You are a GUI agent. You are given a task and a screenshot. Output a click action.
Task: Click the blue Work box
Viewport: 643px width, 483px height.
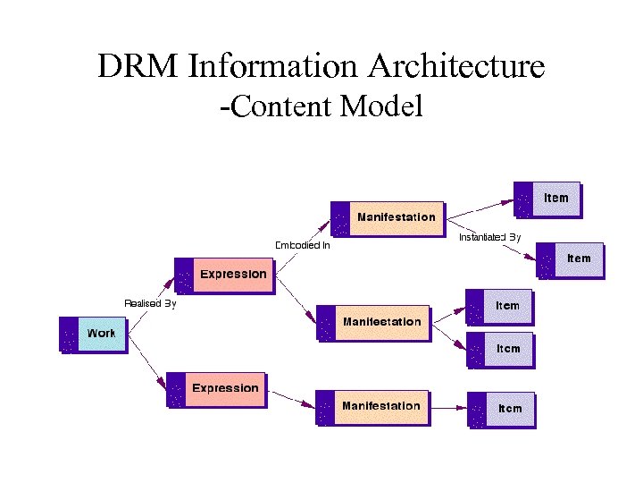[93, 334]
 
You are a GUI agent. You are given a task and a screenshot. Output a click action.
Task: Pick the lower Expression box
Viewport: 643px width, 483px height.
[217, 389]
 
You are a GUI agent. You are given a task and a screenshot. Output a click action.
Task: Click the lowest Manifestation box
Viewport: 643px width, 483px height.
[372, 406]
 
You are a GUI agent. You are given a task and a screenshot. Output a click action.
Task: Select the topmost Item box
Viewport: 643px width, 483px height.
[547, 199]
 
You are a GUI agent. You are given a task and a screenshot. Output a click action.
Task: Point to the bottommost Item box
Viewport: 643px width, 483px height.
[502, 409]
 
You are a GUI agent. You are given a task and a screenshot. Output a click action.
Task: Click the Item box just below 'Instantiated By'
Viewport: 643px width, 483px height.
[571, 259]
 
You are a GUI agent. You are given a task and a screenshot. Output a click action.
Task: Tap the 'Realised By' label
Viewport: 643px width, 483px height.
[150, 303]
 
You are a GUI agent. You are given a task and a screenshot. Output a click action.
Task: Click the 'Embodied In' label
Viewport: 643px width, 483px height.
[302, 245]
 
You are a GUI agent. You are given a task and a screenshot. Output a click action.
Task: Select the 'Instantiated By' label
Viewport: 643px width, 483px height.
[489, 238]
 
